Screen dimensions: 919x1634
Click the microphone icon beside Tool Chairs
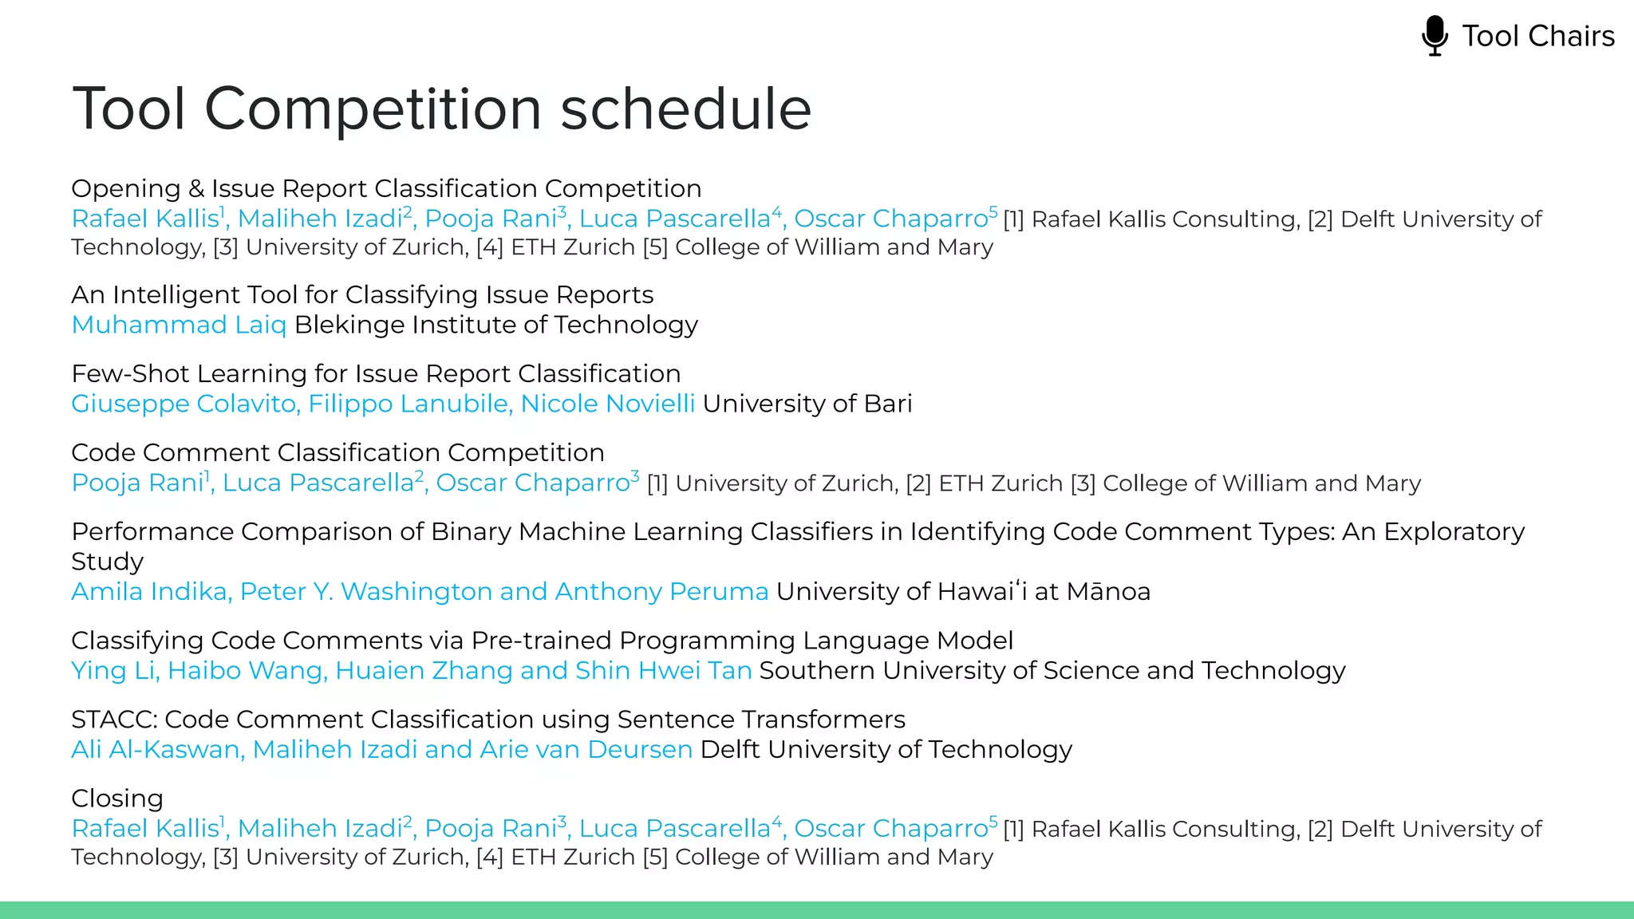[1435, 36]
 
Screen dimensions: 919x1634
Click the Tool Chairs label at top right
[1537, 36]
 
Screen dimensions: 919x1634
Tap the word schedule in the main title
[686, 108]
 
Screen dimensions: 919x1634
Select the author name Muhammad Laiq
[179, 325]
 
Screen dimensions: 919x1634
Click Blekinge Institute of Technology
[496, 325]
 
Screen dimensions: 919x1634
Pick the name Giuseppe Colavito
[185, 404]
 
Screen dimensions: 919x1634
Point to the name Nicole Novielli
[608, 404]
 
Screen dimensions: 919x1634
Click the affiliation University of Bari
[807, 404]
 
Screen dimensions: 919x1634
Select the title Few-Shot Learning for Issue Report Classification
[376, 373]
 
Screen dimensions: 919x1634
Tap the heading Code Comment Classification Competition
[337, 452]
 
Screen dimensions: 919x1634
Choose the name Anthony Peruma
[661, 591]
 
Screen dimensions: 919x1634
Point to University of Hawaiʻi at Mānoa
[963, 591]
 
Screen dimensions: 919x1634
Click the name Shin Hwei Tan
[663, 670]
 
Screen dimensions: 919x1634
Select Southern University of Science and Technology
[1052, 670]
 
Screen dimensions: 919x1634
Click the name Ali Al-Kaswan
[157, 749]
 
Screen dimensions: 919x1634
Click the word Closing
[117, 799]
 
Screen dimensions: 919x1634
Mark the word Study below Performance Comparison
[107, 562]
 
